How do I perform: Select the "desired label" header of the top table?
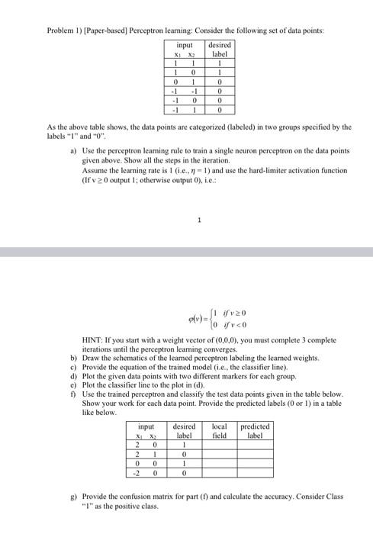tap(220, 50)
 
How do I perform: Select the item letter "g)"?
tap(73, 495)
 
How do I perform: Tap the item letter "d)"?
tap(73, 377)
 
